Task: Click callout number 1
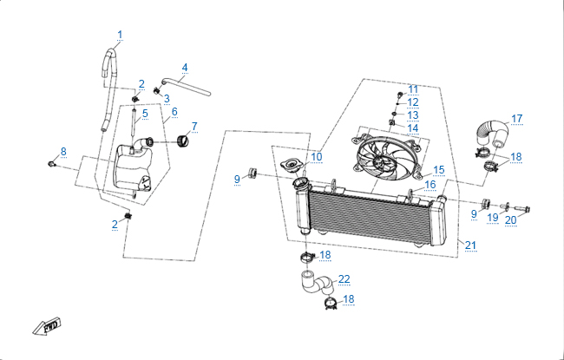[120, 35]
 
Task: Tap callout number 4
[185, 68]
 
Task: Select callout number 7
[194, 127]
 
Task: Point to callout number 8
[63, 152]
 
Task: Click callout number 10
[317, 157]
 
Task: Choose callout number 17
[516, 119]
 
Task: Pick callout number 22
[344, 279]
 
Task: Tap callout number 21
[470, 245]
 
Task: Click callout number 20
[511, 219]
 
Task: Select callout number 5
[145, 114]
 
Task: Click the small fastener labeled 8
[53, 162]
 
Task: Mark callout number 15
[439, 170]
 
